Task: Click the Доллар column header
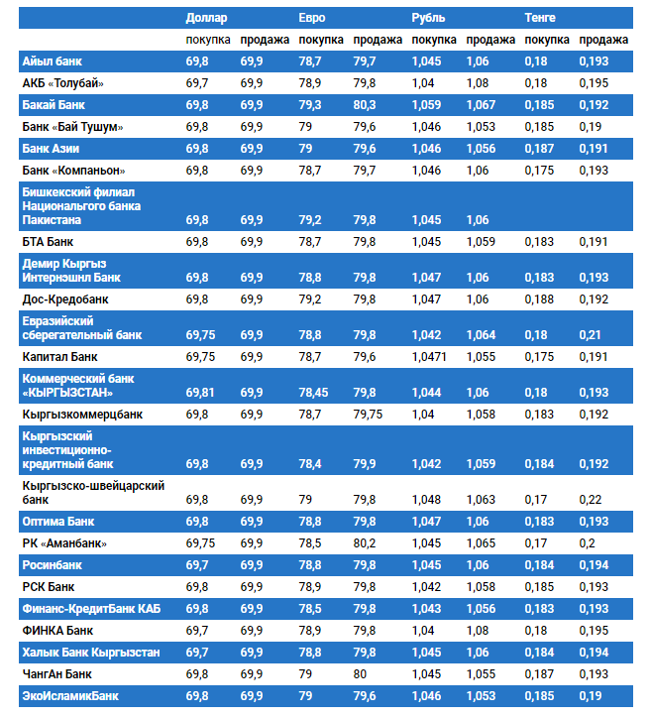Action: pos(206,18)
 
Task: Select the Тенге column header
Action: pos(540,18)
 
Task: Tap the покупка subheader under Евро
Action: pos(321,40)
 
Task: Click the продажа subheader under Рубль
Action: pos(490,40)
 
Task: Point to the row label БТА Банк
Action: pos(48,241)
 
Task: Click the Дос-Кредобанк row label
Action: pos(65,299)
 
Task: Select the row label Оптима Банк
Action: pos(58,521)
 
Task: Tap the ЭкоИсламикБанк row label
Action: pos(69,696)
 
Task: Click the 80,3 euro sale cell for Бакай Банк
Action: pos(365,104)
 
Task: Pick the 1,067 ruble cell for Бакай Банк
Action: pos(481,104)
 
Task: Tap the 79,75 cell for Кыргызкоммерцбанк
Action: pos(368,414)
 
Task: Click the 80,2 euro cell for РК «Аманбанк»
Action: pos(365,543)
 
